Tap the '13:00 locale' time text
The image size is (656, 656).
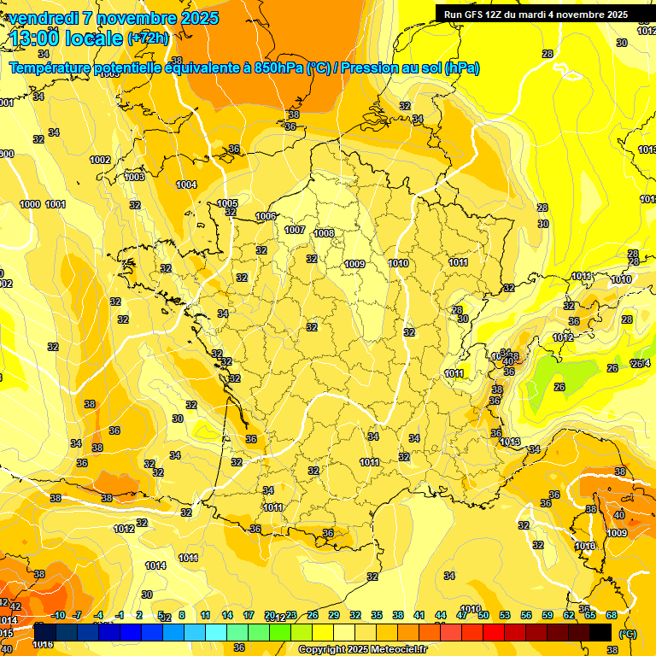(67, 38)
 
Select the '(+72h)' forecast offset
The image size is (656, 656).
(148, 38)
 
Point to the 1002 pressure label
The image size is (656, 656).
(100, 160)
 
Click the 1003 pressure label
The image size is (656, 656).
(134, 177)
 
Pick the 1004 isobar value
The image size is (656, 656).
(186, 184)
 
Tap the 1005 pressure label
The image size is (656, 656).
(227, 203)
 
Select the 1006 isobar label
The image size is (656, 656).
(266, 216)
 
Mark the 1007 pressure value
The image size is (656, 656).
(295, 230)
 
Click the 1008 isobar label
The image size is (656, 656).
(324, 233)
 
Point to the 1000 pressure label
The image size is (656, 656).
(31, 204)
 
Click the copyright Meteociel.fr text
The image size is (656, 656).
(362, 649)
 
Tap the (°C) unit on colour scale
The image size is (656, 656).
(627, 634)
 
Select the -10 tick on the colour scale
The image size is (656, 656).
(58, 615)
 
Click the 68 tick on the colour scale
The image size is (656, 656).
(612, 615)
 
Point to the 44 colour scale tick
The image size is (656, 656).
(441, 615)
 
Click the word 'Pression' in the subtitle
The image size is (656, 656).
(370, 68)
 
